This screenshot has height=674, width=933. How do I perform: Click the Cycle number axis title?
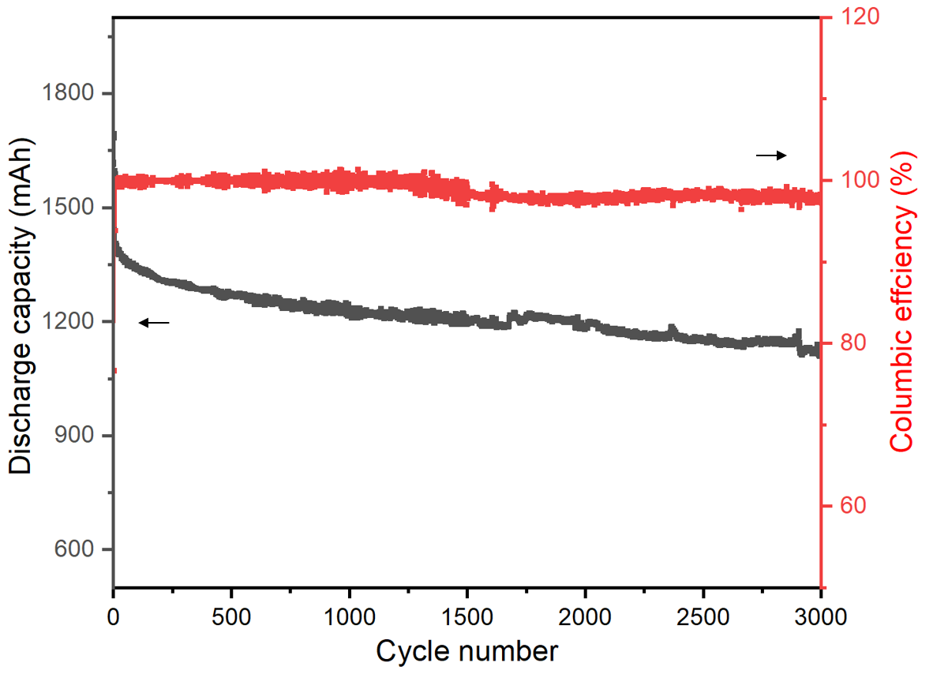[x=466, y=652]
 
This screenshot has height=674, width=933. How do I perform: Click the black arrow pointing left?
[x=154, y=322]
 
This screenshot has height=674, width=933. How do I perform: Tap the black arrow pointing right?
[x=771, y=155]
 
